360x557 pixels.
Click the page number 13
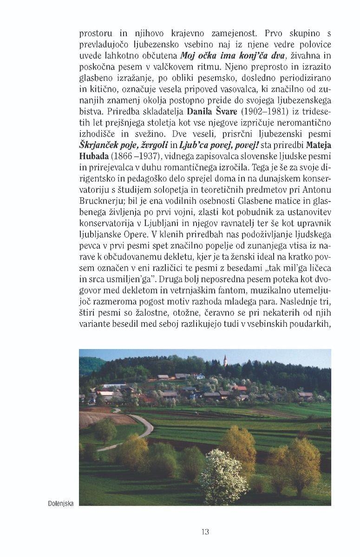pos(205,531)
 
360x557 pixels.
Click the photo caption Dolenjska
pos(61,503)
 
